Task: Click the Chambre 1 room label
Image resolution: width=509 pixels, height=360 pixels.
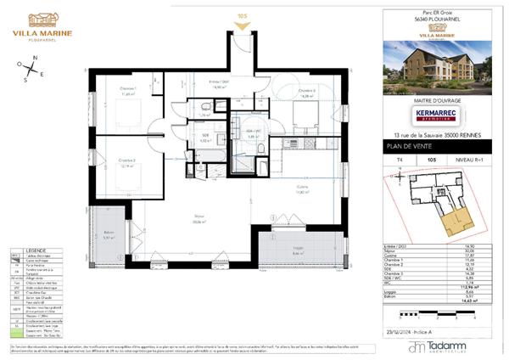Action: [x=128, y=91]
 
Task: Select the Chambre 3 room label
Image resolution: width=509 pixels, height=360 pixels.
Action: [x=306, y=93]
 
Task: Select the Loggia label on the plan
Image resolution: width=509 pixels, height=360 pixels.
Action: [x=298, y=250]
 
